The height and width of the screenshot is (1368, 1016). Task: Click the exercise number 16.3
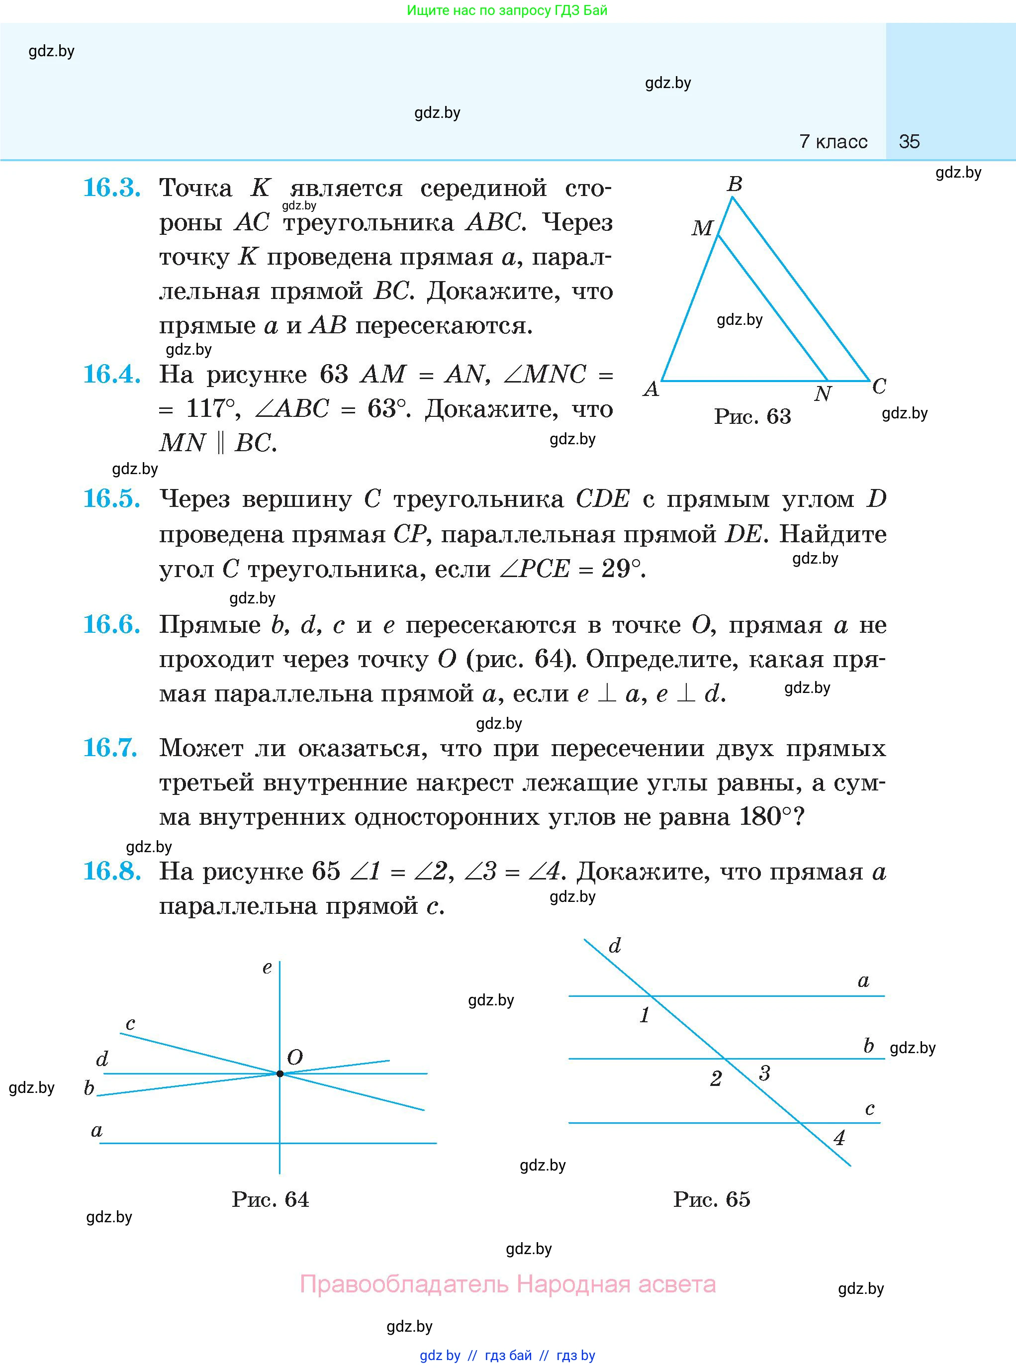coord(111,188)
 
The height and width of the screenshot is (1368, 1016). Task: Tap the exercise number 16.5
coord(111,499)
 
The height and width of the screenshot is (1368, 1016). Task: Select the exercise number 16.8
coord(111,871)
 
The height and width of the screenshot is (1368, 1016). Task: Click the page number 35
coord(909,141)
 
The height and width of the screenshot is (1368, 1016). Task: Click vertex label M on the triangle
coord(702,228)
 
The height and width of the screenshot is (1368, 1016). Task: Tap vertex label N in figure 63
coord(822,393)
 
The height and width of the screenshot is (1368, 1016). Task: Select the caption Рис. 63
coord(752,417)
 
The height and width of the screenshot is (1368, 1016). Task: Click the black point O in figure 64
coord(280,1074)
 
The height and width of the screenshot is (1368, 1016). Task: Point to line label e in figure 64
coord(267,968)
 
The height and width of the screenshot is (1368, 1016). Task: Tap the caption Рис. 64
coord(270,1199)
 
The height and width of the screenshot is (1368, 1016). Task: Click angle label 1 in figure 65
coord(645,1014)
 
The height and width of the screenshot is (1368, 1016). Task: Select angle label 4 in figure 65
coord(839,1137)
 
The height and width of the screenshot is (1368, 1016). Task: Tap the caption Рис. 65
coord(712,1199)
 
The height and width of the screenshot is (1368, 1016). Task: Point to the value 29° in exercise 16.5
coord(623,569)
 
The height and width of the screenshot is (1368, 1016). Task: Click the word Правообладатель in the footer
coord(404,1284)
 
